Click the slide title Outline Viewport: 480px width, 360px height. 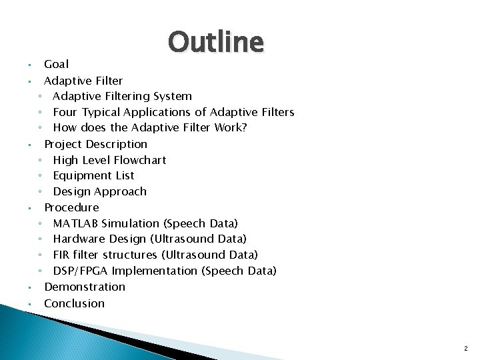click(216, 42)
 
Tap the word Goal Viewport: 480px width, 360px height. click(56, 65)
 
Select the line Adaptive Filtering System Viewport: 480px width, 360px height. click(122, 96)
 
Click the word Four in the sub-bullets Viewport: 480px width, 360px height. click(65, 112)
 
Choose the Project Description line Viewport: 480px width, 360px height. click(95, 144)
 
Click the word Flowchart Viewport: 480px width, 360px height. click(141, 160)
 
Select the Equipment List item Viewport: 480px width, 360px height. click(93, 176)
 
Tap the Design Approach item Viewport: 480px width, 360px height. click(99, 192)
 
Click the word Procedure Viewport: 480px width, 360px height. click(71, 207)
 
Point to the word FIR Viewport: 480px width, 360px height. click(62, 255)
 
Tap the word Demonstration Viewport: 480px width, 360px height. click(85, 287)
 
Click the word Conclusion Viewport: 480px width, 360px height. click(74, 303)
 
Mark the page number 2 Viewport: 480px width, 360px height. click(465, 347)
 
